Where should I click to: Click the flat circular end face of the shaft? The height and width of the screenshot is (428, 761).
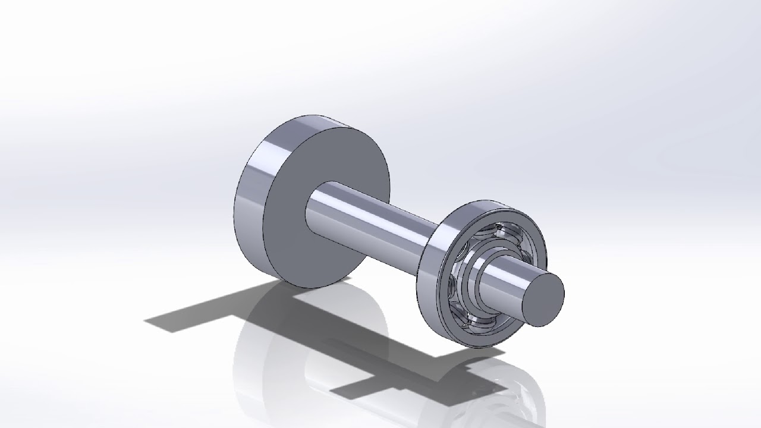coord(545,300)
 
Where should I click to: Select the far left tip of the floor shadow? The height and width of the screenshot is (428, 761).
coord(146,320)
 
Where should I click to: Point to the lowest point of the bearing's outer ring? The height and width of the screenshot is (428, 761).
coord(470,347)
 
